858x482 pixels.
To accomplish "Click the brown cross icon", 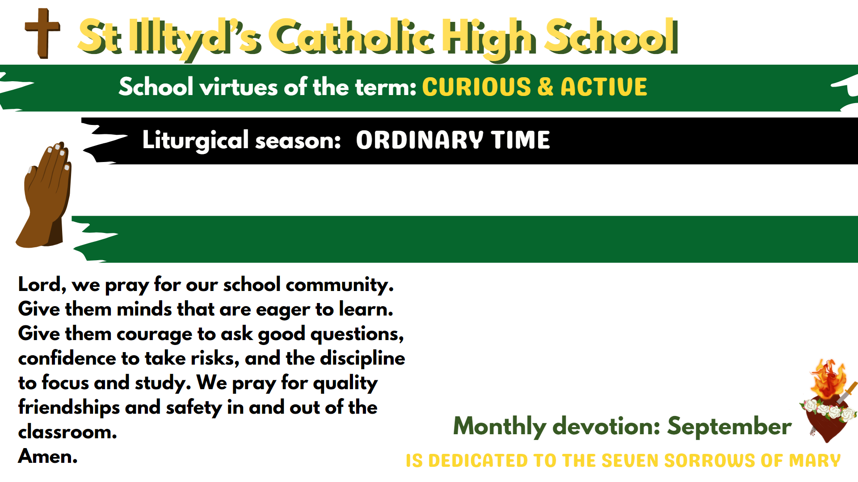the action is tap(43, 33).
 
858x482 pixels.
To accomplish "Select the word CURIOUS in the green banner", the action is tap(476, 87).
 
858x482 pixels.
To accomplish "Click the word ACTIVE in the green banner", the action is tap(604, 87).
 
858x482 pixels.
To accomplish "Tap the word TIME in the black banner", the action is tap(521, 140).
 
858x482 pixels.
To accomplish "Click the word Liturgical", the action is tap(195, 141).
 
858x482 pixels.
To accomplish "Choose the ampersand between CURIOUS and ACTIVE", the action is tap(546, 87).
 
